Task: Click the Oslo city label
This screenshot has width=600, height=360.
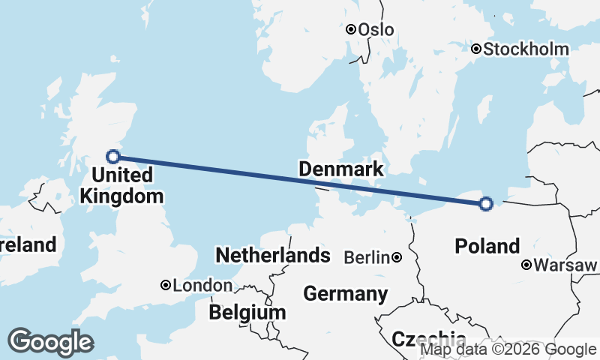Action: tap(376, 30)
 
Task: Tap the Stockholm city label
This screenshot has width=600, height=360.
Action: tap(526, 49)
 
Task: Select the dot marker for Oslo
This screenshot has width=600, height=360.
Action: tap(351, 29)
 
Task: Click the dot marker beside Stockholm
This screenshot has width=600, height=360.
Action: tap(476, 49)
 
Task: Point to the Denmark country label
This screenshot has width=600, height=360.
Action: tap(341, 169)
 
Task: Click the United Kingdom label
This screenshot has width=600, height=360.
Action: tap(122, 186)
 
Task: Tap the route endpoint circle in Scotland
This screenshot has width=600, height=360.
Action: tap(113, 156)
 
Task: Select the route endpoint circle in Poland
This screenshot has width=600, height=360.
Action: tap(486, 203)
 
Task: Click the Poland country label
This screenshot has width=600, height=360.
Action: tap(487, 246)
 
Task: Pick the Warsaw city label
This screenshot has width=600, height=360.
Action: tap(566, 265)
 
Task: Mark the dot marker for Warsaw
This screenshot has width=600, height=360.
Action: tap(527, 265)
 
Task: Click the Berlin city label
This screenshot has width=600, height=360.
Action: tap(367, 258)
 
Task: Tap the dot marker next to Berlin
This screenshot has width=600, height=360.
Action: tap(397, 258)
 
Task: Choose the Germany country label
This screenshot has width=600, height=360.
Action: tap(346, 293)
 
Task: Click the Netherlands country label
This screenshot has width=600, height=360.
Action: tap(273, 255)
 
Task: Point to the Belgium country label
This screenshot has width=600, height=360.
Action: tap(247, 312)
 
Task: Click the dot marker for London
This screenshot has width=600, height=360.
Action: tap(166, 285)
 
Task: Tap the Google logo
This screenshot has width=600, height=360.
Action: tap(50, 342)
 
